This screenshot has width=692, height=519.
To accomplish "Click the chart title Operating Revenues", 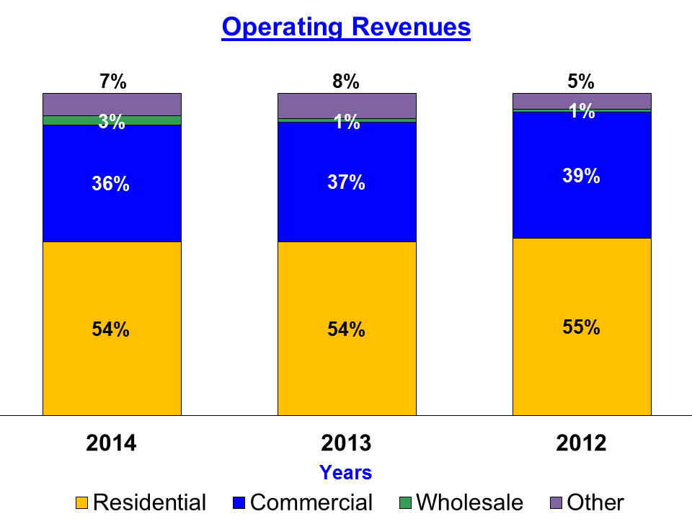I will coord(346,27).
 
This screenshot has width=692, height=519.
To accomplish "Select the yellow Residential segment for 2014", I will coord(112,360).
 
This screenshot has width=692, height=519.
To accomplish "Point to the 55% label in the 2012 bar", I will coord(581,327).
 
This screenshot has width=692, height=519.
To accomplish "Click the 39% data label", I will coord(581,176).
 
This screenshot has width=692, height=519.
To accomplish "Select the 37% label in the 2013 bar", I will coord(347,183).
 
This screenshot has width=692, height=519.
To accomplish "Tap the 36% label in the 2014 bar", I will coord(111,184).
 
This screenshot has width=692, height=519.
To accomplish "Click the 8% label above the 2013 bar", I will coord(346,81).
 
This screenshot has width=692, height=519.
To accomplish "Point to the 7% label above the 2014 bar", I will coord(112,81).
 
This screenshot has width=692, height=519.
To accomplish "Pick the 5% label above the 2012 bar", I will coord(581,81).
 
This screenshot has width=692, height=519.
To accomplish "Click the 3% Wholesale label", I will coord(112,122).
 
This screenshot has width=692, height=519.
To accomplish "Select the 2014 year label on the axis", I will coord(111,443).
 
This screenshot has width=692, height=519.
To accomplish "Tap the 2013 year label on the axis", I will coord(346,443).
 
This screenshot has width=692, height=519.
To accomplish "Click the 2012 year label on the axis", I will coord(581,443).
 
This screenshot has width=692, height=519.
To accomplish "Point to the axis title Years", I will coord(346,472).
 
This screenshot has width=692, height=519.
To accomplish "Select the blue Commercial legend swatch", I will coord(240,502).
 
